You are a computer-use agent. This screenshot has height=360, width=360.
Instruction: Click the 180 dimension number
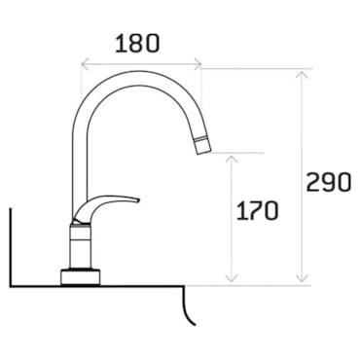pos(137,44)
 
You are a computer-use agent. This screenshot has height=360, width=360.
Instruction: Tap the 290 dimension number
pos(329,182)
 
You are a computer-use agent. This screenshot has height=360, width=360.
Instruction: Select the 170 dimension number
pos(257,211)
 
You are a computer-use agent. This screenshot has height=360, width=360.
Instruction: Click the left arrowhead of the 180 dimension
pos(85,64)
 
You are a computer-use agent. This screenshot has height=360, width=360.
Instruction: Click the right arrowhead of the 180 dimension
pos(198,64)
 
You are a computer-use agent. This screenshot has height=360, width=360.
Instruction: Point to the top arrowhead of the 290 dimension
pos(302,75)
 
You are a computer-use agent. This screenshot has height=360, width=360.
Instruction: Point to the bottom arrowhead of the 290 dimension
pos(302,277)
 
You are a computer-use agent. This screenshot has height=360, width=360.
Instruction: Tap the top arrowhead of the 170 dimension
pos(232,160)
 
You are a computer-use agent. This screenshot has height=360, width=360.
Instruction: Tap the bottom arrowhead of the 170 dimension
pos(232,277)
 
